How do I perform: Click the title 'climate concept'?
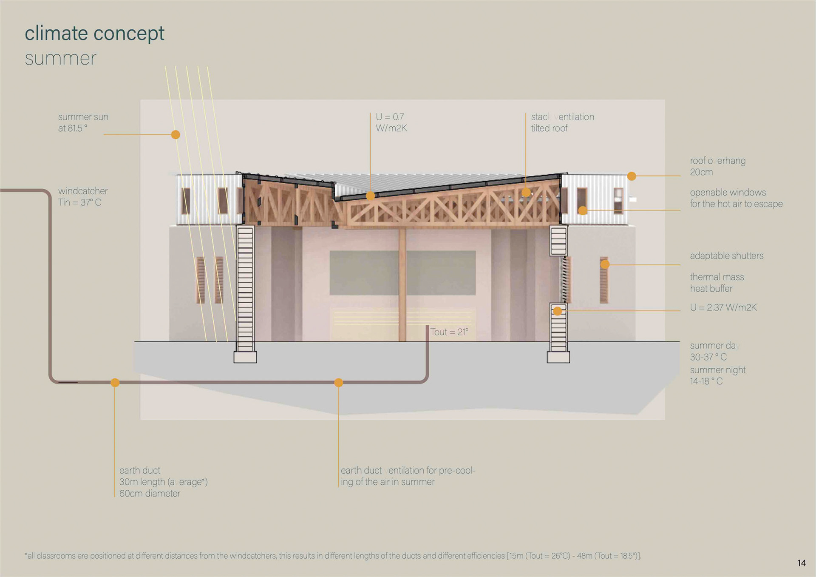[x=94, y=34]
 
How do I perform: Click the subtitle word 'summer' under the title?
[x=60, y=58]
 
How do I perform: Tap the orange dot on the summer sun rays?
[x=176, y=135]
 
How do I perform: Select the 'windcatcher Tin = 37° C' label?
[x=83, y=196]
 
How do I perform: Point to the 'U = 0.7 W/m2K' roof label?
[x=391, y=122]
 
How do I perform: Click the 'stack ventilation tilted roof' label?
[x=562, y=122]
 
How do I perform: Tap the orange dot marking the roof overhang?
[x=632, y=176]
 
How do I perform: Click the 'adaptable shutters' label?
[x=726, y=256]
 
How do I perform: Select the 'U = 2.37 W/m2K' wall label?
[x=723, y=307]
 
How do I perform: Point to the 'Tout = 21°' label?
[x=449, y=332]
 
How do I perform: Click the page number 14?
[x=801, y=563]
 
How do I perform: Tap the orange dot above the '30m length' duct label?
[x=115, y=383]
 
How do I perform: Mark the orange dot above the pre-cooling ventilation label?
[x=338, y=383]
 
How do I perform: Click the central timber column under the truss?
[x=402, y=285]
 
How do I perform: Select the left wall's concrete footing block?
[x=245, y=357]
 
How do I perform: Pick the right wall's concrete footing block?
[x=558, y=357]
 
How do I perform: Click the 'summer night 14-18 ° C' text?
[x=717, y=375]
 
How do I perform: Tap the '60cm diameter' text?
[x=150, y=493]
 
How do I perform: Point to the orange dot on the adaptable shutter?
[x=605, y=264]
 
